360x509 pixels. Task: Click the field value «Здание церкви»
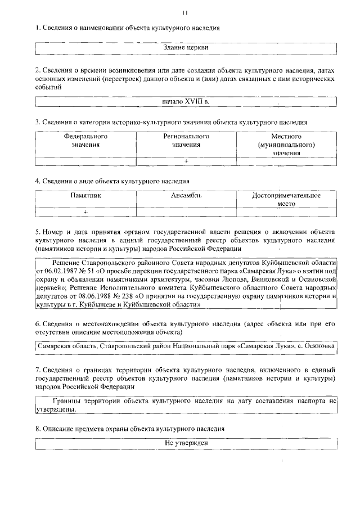[x=186, y=48]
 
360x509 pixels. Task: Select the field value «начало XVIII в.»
[x=186, y=101]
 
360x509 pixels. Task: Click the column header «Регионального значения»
[x=186, y=141]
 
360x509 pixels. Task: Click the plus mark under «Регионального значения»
[x=186, y=161]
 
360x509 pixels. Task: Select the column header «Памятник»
[x=85, y=196]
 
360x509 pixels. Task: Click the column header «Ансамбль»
[x=186, y=196]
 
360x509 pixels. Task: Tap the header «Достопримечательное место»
[x=286, y=200]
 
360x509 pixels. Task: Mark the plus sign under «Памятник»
[x=85, y=211]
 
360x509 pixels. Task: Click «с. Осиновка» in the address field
[x=317, y=346]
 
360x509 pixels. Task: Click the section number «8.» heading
[x=38, y=429]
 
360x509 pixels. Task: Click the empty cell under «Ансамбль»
[x=186, y=211]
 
